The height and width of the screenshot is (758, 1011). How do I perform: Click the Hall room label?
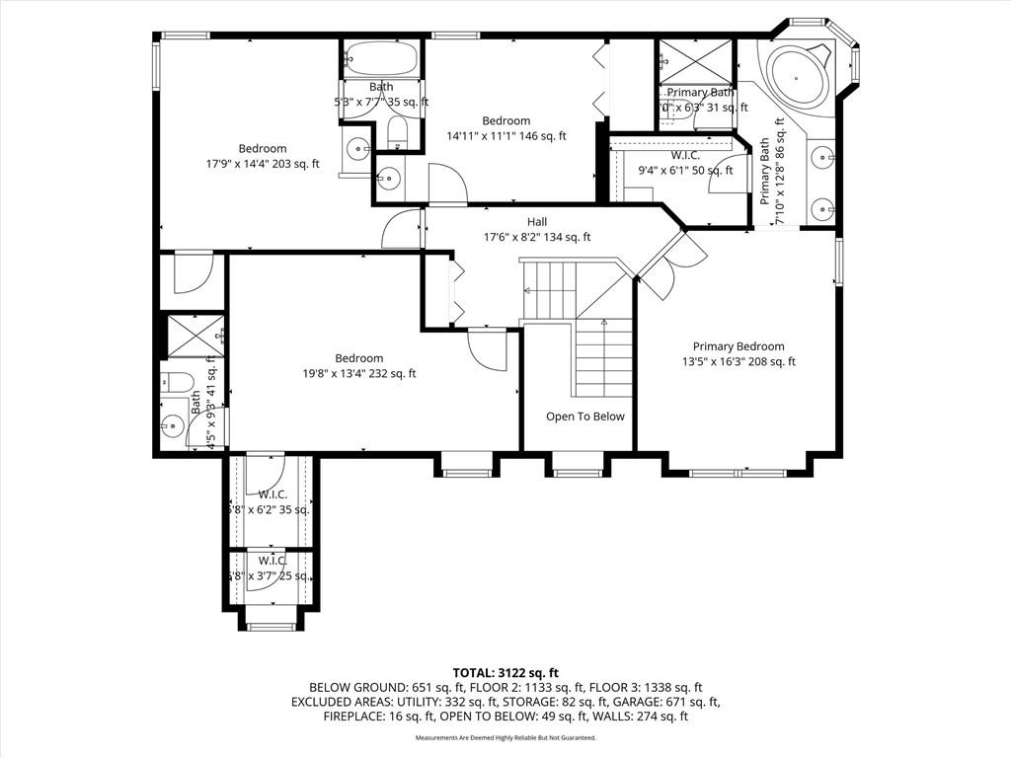(536, 222)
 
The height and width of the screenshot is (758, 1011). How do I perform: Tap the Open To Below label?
(585, 417)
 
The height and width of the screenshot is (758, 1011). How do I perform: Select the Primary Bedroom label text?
(738, 346)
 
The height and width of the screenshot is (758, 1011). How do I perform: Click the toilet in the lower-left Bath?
(176, 382)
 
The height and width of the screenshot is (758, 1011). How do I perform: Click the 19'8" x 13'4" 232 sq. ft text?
(358, 374)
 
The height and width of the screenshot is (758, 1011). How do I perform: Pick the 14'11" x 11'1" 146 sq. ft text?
(505, 137)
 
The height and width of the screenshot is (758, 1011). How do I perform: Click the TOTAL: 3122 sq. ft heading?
(505, 671)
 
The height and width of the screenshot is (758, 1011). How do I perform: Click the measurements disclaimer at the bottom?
(505, 737)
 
